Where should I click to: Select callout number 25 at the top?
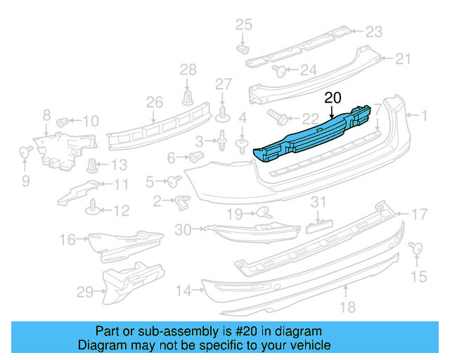(x=243, y=26)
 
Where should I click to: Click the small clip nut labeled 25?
(x=244, y=50)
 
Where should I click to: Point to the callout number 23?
(x=373, y=32)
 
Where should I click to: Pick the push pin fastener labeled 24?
(x=278, y=70)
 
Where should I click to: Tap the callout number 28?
(x=188, y=69)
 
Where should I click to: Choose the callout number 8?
(x=46, y=115)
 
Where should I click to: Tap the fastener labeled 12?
(x=91, y=207)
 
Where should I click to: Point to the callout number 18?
(x=348, y=307)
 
